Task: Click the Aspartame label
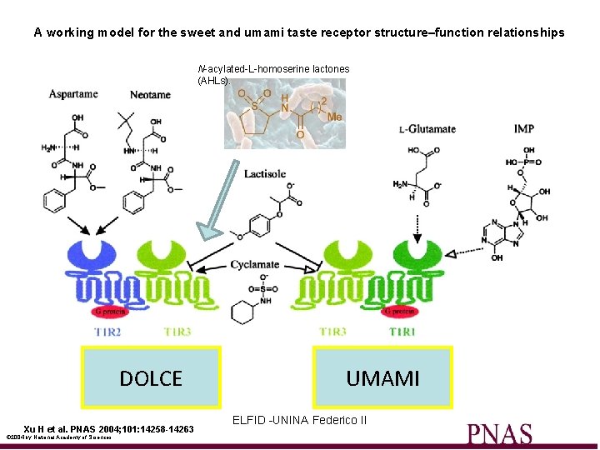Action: point(73,94)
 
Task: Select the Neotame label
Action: point(150,95)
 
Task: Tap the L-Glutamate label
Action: point(427,129)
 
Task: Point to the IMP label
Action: point(524,129)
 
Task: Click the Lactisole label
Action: point(265,174)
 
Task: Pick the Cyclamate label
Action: point(255,265)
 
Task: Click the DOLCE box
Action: point(150,379)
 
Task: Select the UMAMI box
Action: point(382,379)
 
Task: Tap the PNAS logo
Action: point(499,434)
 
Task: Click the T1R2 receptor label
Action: point(108,332)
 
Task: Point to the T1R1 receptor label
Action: point(402,332)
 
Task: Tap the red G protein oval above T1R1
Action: point(397,312)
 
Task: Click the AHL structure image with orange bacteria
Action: point(284,113)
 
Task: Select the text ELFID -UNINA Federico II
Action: point(299,420)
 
